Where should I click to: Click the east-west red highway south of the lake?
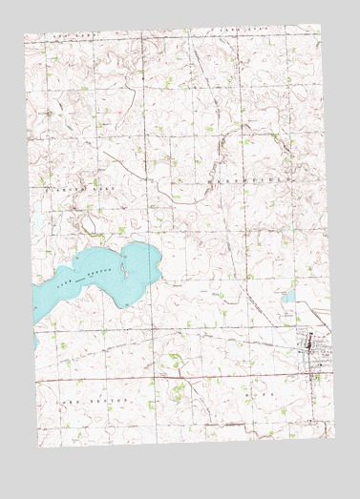pyautogui.click(x=172, y=379)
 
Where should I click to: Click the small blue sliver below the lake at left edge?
pyautogui.click(x=36, y=340)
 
